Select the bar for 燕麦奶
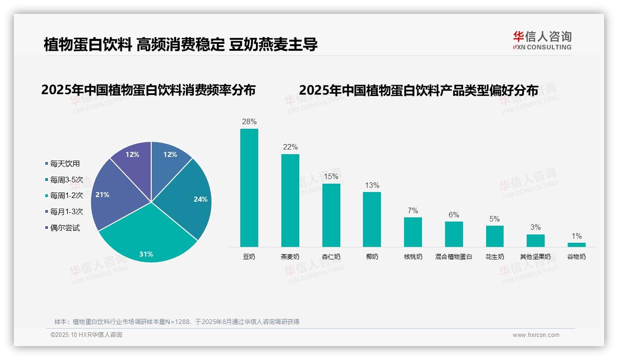[290, 200]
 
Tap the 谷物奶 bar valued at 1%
[576, 245]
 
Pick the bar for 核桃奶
[413, 232]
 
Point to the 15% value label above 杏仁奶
[331, 176]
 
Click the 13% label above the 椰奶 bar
[372, 185]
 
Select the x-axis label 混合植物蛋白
[454, 257]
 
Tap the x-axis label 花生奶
[494, 257]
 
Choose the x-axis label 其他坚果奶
[535, 257]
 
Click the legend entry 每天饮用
[65, 163]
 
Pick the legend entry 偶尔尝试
[65, 228]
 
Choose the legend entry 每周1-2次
[66, 196]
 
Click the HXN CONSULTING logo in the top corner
[542, 40]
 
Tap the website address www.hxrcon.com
[535, 335]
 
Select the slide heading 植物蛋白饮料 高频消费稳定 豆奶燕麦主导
[180, 45]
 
